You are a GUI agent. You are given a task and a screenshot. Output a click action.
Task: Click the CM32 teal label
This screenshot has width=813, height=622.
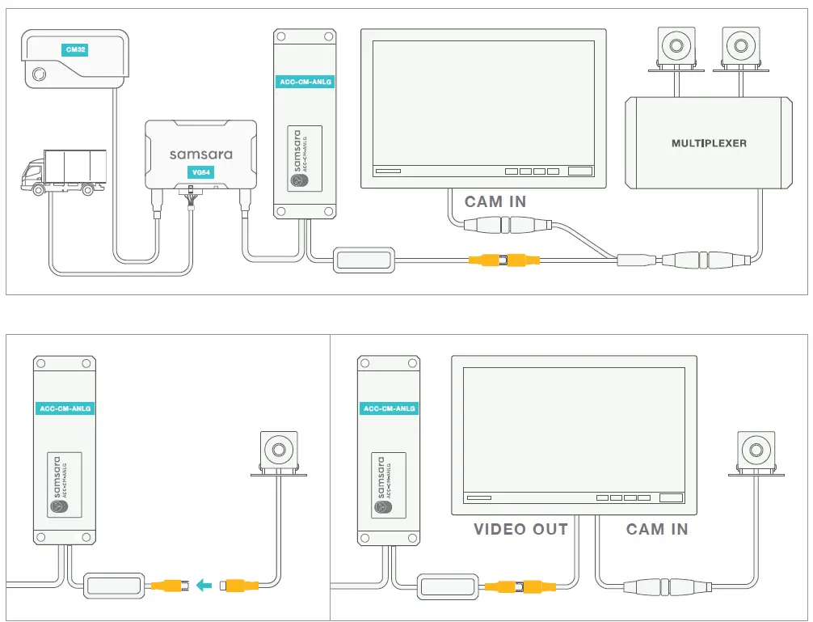click(76, 50)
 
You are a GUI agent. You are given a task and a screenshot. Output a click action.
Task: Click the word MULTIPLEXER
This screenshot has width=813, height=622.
click(709, 143)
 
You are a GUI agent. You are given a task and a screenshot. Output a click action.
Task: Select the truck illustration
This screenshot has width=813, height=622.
click(64, 172)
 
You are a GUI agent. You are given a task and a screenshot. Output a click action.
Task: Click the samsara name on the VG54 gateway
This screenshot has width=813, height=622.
click(200, 154)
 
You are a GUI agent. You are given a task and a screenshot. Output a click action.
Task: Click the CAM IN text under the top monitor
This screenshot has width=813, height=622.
click(495, 202)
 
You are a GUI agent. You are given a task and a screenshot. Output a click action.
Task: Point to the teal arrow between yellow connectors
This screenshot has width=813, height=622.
click(206, 582)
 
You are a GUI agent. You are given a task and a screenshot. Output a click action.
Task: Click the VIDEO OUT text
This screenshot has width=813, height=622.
click(520, 530)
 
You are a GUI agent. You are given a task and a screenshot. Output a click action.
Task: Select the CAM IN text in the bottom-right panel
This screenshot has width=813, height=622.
click(657, 530)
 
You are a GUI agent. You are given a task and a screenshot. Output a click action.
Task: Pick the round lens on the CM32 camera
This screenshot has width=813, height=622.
click(38, 76)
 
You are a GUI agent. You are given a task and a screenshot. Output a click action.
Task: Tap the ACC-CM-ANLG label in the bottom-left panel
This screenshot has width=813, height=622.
click(65, 408)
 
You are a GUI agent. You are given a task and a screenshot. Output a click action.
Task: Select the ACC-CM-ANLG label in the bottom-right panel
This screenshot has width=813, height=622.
click(389, 408)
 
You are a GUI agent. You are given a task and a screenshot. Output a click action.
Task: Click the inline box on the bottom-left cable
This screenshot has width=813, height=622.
click(116, 585)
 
